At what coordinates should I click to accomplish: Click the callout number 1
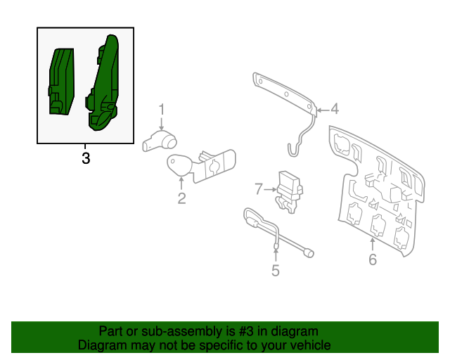tap(162, 110)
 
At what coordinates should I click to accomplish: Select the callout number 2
tap(181, 198)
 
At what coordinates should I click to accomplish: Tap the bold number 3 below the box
tap(86, 158)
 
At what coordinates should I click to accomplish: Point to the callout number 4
tap(335, 109)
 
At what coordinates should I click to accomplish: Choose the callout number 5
tap(276, 271)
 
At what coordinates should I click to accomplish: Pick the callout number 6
tap(373, 259)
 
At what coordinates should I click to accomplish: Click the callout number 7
tap(259, 189)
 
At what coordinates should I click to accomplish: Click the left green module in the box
tap(61, 82)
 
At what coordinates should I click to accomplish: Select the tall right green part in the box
tap(103, 82)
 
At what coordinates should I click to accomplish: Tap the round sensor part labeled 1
tap(160, 141)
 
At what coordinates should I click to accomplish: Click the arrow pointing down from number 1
tap(162, 124)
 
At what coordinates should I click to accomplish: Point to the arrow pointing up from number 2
tap(181, 184)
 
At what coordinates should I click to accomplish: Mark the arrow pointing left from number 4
tap(323, 110)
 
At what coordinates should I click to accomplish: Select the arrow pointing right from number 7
tap(270, 189)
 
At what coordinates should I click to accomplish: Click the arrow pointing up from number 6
tap(372, 245)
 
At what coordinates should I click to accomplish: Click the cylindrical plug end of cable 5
tap(309, 253)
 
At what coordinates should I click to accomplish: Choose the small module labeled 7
tap(290, 192)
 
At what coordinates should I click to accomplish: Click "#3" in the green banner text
tap(246, 331)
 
